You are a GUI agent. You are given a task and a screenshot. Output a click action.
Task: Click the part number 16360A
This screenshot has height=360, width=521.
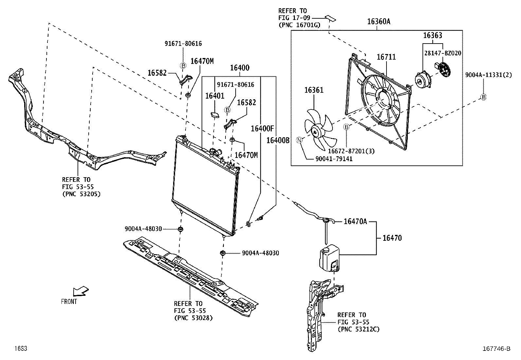pos(379,22)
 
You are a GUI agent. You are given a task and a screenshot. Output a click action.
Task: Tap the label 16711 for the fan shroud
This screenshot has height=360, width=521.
pos(386,57)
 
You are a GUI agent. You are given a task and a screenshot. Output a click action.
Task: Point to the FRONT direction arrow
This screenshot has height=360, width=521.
pos(80,291)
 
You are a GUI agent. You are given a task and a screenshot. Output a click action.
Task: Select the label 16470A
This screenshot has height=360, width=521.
pos(355,222)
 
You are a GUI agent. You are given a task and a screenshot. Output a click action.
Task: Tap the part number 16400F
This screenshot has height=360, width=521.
pos(262,128)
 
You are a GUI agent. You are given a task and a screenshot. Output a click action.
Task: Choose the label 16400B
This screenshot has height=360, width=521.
pos(278,141)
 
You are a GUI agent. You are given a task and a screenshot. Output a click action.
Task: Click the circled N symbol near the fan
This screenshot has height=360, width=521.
pos(299,140)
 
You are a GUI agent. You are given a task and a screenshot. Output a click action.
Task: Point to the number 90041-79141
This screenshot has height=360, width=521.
pos(334,159)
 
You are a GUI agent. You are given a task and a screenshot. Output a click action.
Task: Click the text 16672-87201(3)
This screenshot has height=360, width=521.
pos(351,151)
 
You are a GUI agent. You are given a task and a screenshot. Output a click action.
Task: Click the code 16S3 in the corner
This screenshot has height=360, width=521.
pos(20,349)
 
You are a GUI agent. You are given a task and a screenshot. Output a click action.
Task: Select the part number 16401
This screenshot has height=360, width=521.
pos(215,96)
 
